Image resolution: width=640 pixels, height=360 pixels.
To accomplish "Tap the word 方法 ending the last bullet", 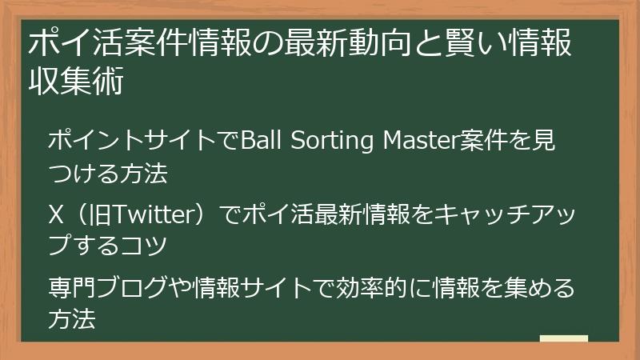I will click(x=73, y=319).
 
